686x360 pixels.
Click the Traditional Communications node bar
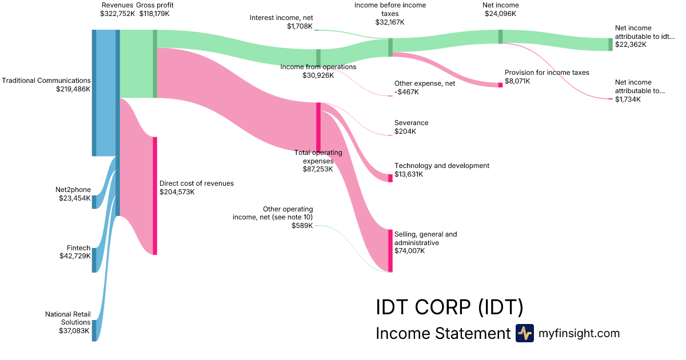[94, 93]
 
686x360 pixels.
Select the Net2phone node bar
[94, 202]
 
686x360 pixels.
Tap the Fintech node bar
[94, 260]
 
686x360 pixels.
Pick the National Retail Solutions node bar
[94, 330]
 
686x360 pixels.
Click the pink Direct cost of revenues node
[154, 195]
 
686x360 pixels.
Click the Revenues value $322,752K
[117, 13]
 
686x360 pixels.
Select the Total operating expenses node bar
[318, 127]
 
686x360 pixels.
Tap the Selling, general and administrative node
[390, 251]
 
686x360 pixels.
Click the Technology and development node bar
[390, 178]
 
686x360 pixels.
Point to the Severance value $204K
[405, 131]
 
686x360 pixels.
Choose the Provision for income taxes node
[500, 85]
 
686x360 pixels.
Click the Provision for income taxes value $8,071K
[517, 81]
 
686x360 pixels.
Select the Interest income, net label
[282, 18]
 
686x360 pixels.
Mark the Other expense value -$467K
[406, 91]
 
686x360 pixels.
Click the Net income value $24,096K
[500, 14]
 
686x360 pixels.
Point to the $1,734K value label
[628, 99]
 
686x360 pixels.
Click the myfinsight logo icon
[524, 333]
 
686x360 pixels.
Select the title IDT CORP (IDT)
[449, 307]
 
